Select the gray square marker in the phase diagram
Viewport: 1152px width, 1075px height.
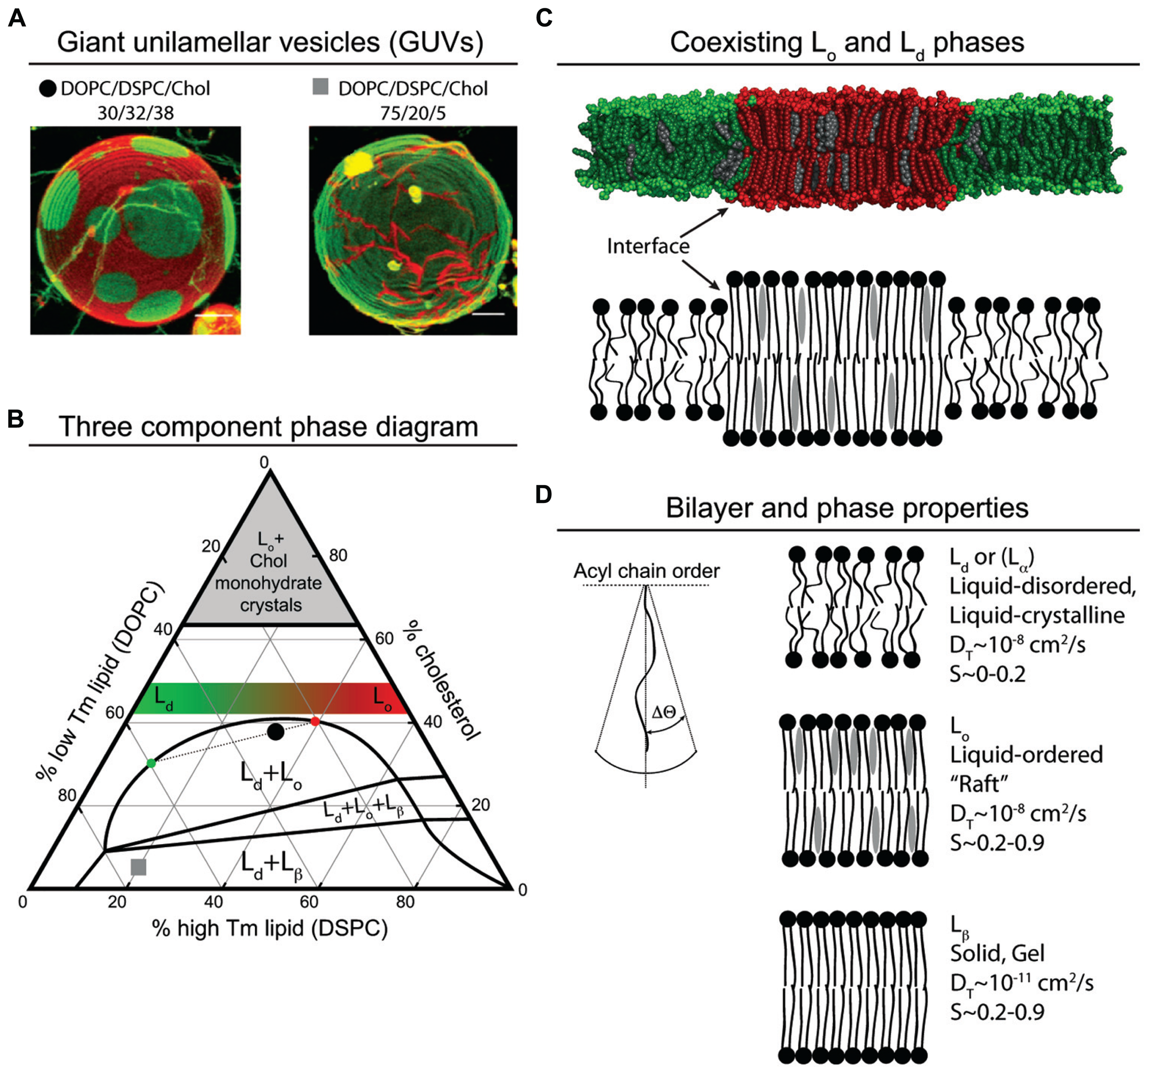tap(139, 867)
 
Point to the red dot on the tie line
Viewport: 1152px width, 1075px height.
tap(315, 721)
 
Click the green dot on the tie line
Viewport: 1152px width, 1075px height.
tap(151, 763)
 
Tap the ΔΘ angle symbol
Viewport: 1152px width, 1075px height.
tap(664, 712)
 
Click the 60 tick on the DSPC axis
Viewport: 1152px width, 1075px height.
tap(309, 902)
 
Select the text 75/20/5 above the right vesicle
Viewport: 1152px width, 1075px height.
tap(412, 113)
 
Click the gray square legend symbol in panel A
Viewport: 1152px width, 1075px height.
tap(320, 87)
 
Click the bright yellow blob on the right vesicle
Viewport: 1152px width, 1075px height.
tap(357, 164)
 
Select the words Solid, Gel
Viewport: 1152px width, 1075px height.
tap(997, 953)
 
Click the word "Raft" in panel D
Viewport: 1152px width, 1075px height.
tap(979, 784)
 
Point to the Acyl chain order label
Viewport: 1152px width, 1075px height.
tap(646, 571)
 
